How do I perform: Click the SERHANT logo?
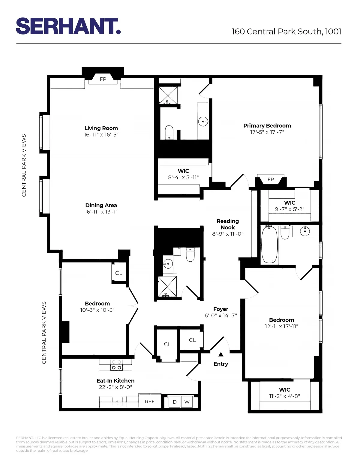pos(68,26)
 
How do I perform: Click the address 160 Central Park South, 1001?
pos(286,32)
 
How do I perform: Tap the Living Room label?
pos(101,128)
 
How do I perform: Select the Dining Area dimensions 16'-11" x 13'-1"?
pos(101,212)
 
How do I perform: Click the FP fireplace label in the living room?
pos(103,79)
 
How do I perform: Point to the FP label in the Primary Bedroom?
pos(271,179)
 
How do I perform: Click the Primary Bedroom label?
pos(267,126)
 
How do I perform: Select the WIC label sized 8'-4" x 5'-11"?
pos(183,171)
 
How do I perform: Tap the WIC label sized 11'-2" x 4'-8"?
pos(284,390)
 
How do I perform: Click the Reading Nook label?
pos(228,224)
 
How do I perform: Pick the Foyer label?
pos(221,309)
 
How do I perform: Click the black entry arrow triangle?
pos(221,354)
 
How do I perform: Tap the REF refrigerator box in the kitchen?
pos(150,401)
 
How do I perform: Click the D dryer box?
pos(175,402)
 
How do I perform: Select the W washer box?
pos(187,402)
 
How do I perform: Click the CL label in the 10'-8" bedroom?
pos(119,273)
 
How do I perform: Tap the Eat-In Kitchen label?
pos(115,381)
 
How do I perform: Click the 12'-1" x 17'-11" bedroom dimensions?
pos(281,326)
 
